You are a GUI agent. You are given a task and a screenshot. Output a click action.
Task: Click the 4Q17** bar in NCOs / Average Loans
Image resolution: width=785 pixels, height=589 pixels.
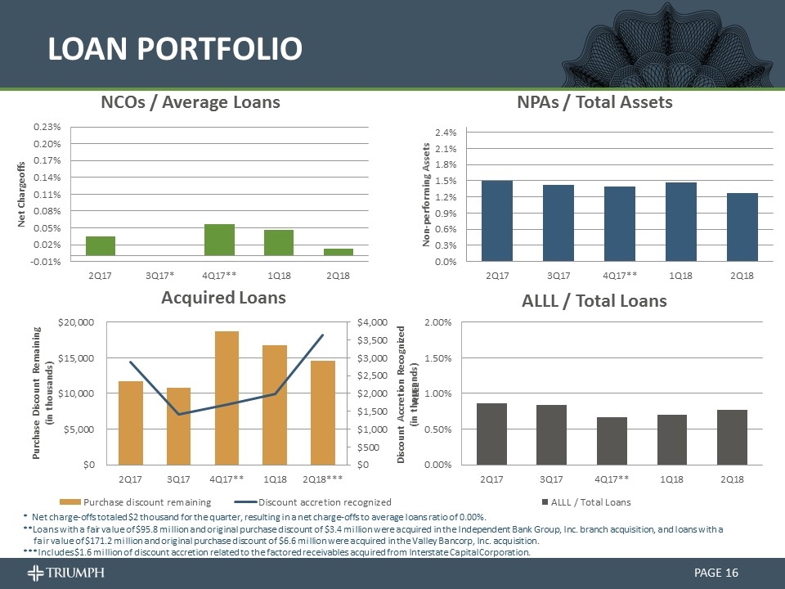pos(219,239)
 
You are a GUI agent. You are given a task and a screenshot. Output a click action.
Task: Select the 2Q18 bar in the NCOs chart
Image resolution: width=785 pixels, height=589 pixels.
pos(338,252)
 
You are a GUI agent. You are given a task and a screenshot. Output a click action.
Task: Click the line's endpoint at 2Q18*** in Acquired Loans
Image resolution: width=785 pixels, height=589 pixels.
pos(322,335)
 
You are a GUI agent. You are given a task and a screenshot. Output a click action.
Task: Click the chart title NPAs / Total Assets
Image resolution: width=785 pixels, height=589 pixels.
pos(594,101)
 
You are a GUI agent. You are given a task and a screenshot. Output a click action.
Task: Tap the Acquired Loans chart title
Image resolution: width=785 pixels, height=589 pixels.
pos(222,298)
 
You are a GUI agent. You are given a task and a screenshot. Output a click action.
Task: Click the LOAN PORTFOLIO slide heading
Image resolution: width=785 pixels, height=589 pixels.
pos(174,49)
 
